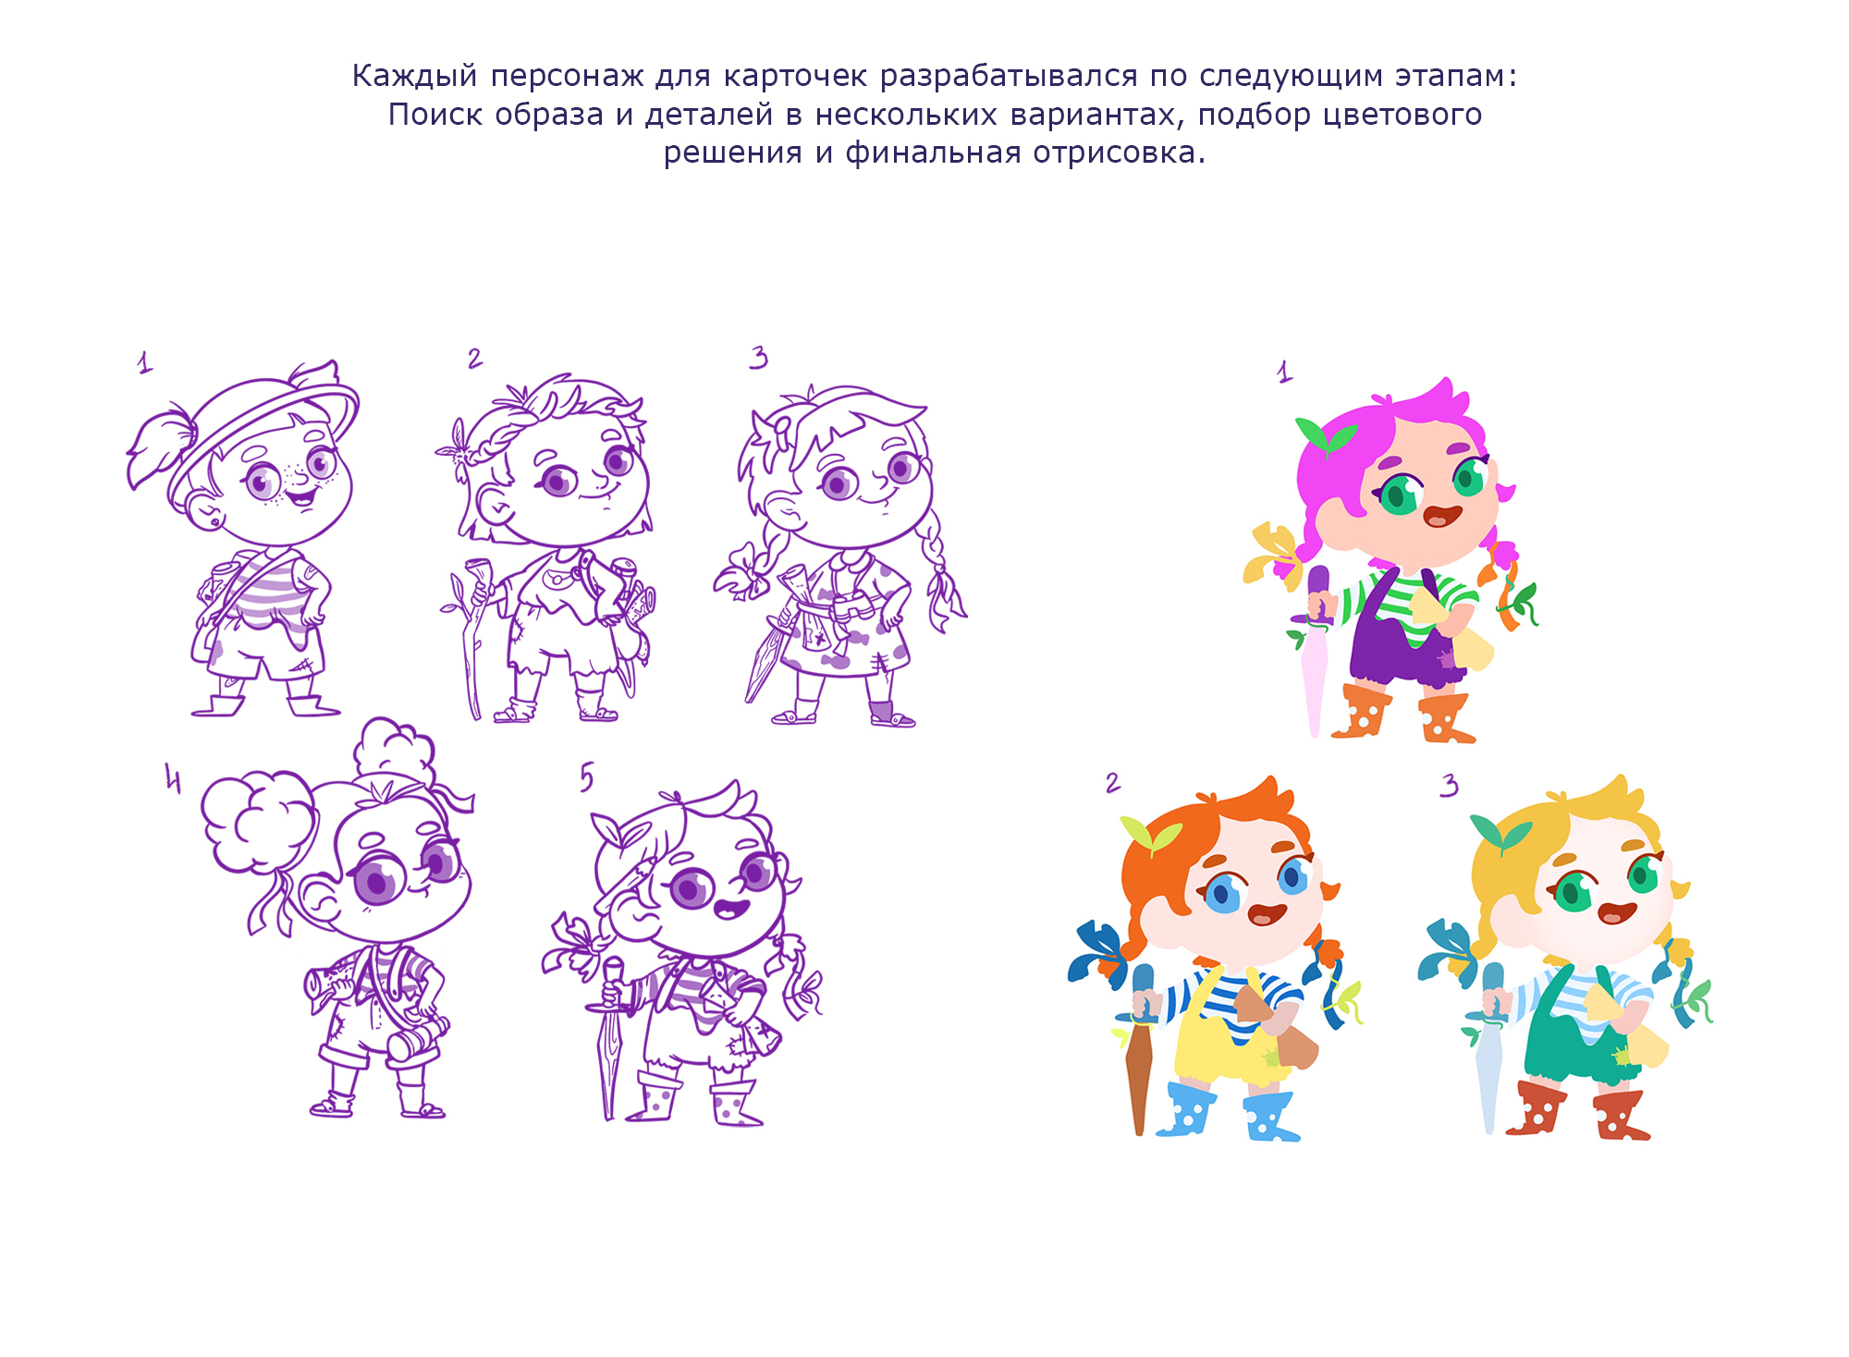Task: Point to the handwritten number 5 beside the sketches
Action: [587, 777]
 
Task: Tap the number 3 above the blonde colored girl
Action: [1450, 785]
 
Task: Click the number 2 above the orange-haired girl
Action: [1113, 783]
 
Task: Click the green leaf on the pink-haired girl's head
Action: [1327, 435]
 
